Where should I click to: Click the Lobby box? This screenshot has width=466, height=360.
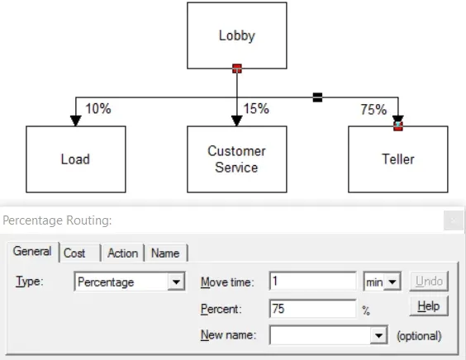tap(237, 36)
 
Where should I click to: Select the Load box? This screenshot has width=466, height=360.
tap(76, 159)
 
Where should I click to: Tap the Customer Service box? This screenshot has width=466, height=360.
tap(237, 159)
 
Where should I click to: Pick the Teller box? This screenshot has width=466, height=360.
tap(398, 159)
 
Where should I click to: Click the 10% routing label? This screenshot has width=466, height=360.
tap(98, 108)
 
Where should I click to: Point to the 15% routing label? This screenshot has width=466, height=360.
tap(256, 108)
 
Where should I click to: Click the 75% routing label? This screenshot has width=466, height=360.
tap(373, 110)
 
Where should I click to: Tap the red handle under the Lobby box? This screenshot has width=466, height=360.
tap(237, 69)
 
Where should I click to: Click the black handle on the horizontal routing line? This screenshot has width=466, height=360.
tap(317, 97)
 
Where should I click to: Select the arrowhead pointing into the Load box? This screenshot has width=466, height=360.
tap(76, 121)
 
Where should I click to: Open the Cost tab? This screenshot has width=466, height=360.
tap(79, 253)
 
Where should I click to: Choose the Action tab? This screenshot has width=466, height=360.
tap(123, 253)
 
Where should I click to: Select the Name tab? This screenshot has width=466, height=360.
tap(165, 253)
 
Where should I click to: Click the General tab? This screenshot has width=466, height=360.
tap(32, 252)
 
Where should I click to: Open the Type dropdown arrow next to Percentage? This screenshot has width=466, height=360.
tap(176, 282)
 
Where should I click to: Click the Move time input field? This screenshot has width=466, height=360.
tap(312, 281)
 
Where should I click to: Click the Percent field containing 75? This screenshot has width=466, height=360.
tap(312, 309)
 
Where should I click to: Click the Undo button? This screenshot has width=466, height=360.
tap(429, 281)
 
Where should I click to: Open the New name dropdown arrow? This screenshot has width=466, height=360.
tap(378, 335)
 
